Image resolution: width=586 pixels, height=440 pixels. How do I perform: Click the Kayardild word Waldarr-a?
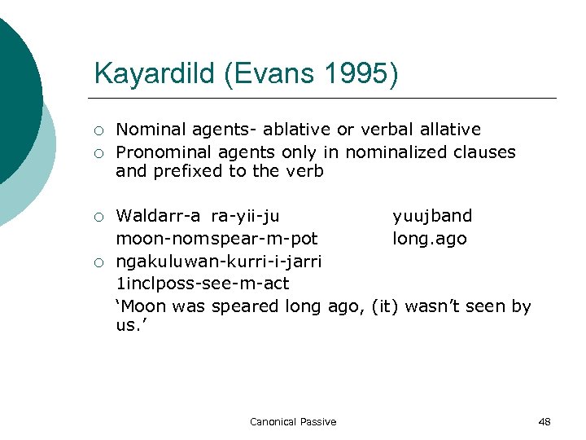point(160,216)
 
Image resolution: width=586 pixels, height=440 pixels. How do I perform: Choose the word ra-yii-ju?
point(245,216)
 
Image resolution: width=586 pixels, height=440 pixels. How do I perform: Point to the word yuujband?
point(432,216)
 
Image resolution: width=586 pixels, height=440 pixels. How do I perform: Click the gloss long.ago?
point(430,240)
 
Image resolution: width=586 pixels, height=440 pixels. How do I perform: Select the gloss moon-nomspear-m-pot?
point(216,240)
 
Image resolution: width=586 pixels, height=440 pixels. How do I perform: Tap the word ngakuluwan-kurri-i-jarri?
point(219,262)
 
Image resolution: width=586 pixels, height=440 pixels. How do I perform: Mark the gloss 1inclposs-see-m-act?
point(203,284)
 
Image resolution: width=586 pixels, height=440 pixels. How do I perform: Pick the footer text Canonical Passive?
point(293,421)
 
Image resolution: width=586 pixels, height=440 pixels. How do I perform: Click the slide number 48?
point(544,421)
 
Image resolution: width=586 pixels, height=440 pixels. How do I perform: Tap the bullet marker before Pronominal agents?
point(98,153)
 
